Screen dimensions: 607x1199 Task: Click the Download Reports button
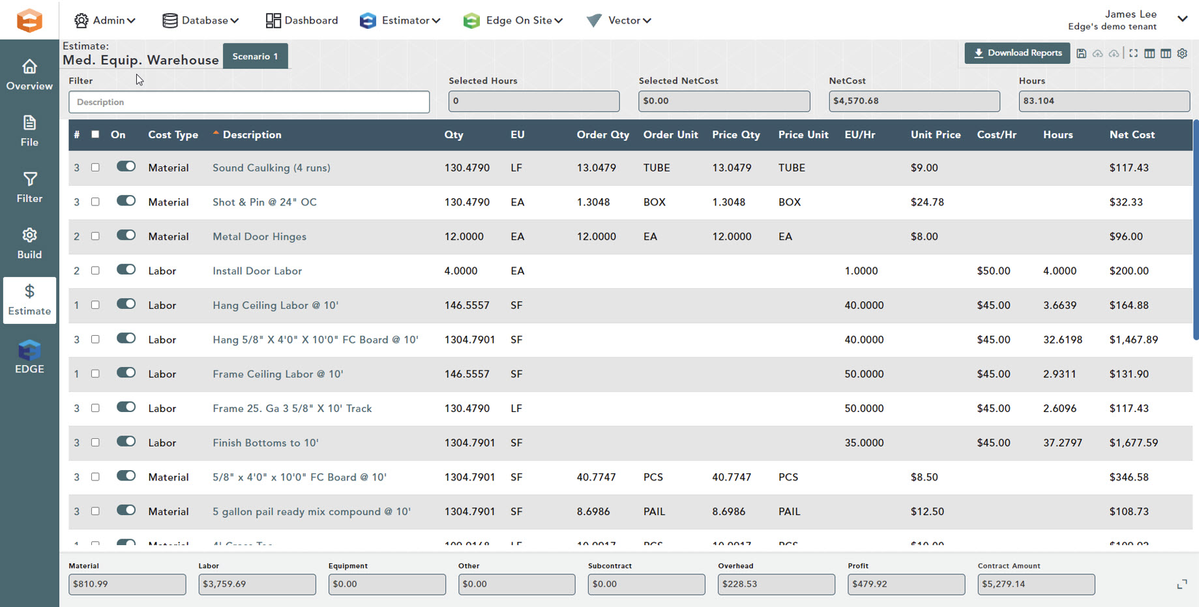click(1016, 53)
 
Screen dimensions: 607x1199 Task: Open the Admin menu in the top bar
click(105, 21)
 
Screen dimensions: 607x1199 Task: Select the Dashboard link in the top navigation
click(302, 21)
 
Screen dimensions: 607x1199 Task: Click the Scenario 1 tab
click(255, 57)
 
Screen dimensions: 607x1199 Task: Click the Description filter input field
click(248, 102)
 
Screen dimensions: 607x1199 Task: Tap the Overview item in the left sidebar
click(29, 75)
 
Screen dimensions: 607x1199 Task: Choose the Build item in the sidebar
click(29, 244)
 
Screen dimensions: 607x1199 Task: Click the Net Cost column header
click(1132, 135)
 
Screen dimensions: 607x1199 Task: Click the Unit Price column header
click(935, 135)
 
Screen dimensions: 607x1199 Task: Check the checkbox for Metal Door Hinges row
click(95, 237)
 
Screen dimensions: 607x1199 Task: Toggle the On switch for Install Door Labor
click(126, 270)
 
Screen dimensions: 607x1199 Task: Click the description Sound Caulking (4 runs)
click(271, 168)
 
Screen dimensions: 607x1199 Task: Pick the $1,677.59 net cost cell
click(1133, 443)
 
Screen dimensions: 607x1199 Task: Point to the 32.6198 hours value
click(1062, 340)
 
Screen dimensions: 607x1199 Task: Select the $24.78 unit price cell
click(927, 203)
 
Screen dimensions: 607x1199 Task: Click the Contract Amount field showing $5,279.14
click(1035, 584)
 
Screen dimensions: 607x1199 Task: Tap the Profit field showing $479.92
click(906, 584)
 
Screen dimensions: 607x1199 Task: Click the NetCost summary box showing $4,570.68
click(913, 101)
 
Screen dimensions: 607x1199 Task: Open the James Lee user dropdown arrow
click(1182, 19)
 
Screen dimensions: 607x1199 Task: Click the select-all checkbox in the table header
click(95, 135)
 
